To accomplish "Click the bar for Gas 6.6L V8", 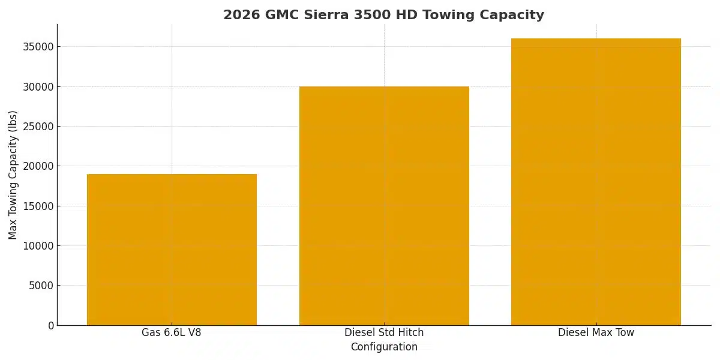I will pyautogui.click(x=172, y=249).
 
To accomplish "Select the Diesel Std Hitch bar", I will pyautogui.click(x=384, y=206).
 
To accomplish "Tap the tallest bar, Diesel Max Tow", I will pyautogui.click(x=596, y=182).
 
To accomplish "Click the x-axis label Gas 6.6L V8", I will pyautogui.click(x=172, y=332).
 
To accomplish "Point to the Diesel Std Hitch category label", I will pyautogui.click(x=384, y=332).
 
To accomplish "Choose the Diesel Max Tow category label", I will pyautogui.click(x=596, y=332).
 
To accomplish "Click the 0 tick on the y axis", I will pyautogui.click(x=50, y=325).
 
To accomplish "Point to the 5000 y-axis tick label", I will pyautogui.click(x=41, y=286).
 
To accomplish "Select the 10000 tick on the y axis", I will pyautogui.click(x=38, y=246).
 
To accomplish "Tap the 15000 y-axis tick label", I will pyautogui.click(x=38, y=206).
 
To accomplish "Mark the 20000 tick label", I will pyautogui.click(x=38, y=166).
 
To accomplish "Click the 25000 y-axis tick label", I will pyautogui.click(x=38, y=127).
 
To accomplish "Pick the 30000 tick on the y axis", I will pyautogui.click(x=38, y=87).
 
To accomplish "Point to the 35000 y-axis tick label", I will pyautogui.click(x=38, y=47).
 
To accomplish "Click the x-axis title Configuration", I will pyautogui.click(x=384, y=347).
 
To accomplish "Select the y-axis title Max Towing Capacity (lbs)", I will pyautogui.click(x=13, y=175).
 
